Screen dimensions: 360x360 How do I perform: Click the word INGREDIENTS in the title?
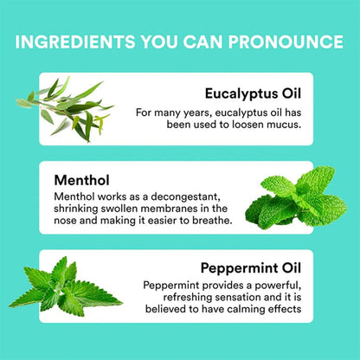click(x=75, y=42)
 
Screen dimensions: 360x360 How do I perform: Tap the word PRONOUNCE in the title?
click(x=286, y=42)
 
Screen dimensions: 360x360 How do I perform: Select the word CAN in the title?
click(x=203, y=42)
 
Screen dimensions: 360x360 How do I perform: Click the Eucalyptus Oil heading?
click(x=253, y=94)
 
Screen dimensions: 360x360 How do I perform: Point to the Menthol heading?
click(x=81, y=180)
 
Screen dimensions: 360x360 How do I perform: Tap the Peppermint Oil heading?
click(x=251, y=268)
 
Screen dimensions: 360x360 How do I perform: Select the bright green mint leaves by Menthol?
click(x=296, y=197)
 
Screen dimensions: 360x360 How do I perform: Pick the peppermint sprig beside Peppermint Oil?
click(x=66, y=286)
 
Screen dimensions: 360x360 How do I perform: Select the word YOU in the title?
click(x=159, y=42)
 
